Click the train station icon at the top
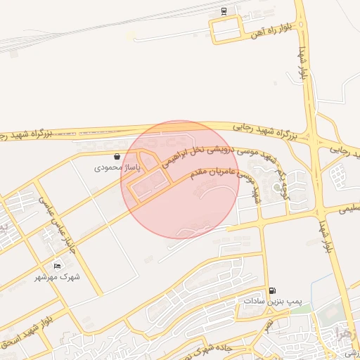[224, 11]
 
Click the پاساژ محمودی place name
[118, 168]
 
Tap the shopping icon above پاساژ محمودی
[117, 157]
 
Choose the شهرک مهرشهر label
[59, 277]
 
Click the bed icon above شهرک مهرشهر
[57, 266]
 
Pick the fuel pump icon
[272, 290]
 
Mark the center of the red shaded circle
[180, 179]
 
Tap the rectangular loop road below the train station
[228, 29]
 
